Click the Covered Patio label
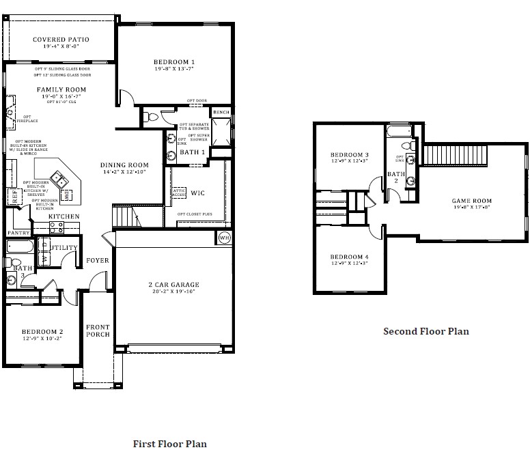(x=61, y=40)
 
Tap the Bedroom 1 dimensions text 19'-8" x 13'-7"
(x=174, y=69)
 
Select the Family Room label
(x=61, y=89)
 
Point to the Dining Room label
(x=124, y=165)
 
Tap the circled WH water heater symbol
(x=224, y=238)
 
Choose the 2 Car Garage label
(x=174, y=285)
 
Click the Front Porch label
(x=98, y=330)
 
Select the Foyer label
(x=97, y=260)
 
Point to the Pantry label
(x=18, y=233)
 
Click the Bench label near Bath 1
(x=221, y=112)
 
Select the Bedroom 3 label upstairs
(x=349, y=154)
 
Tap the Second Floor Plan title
(x=426, y=332)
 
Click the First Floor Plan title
(x=169, y=443)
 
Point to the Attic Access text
(x=178, y=193)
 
